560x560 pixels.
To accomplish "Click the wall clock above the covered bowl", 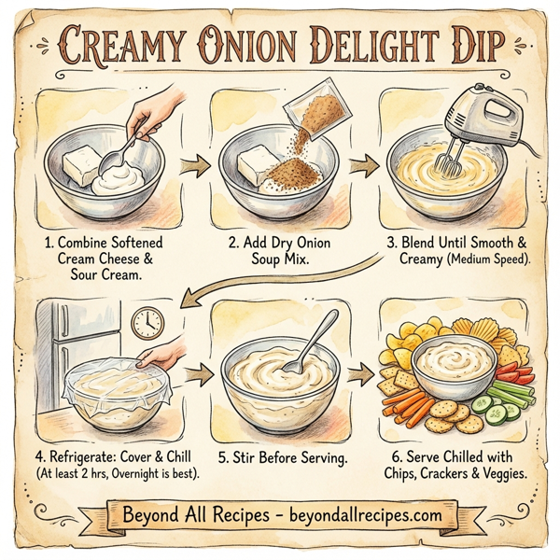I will pos(147,322).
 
